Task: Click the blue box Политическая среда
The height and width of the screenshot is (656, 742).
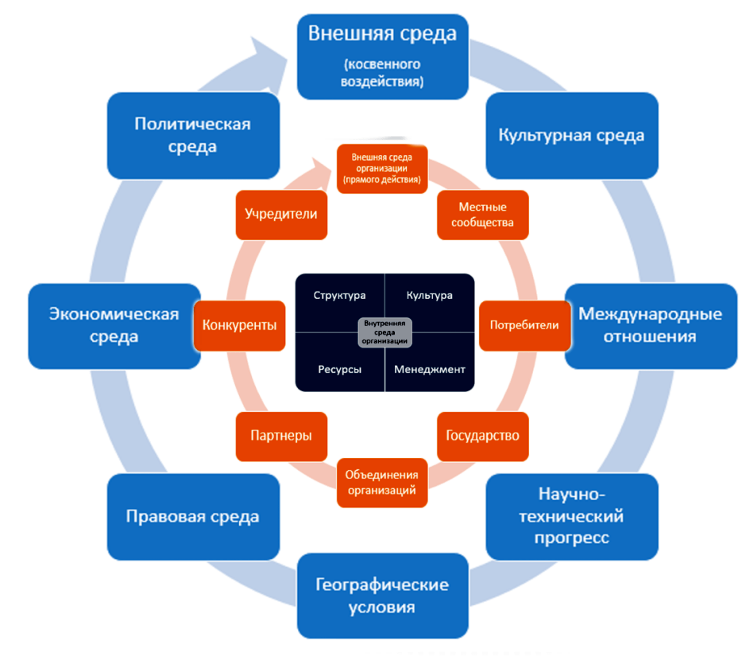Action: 193,135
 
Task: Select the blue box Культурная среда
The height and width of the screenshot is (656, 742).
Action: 571,135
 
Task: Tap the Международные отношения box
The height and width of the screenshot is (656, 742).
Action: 650,325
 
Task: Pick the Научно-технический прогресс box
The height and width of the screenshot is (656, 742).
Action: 571,516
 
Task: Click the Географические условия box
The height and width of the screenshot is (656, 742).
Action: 382,596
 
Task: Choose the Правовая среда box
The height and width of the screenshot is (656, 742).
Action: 193,516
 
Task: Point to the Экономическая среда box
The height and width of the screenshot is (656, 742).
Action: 114,325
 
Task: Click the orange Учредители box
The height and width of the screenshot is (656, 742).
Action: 281,214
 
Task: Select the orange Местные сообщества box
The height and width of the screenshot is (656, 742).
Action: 482,214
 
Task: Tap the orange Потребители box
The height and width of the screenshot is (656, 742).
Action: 524,325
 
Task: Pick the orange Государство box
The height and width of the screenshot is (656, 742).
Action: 482,436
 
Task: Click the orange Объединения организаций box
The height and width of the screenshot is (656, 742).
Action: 381,482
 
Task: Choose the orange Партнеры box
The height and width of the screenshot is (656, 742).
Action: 281,436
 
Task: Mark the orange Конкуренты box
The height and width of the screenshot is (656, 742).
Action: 239,325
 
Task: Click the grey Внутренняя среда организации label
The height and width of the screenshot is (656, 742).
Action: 385,332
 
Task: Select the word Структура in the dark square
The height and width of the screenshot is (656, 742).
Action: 339,296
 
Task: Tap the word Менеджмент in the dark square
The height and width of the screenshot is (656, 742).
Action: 430,370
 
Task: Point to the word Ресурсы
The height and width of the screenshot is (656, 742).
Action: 339,370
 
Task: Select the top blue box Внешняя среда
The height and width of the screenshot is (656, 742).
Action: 382,56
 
